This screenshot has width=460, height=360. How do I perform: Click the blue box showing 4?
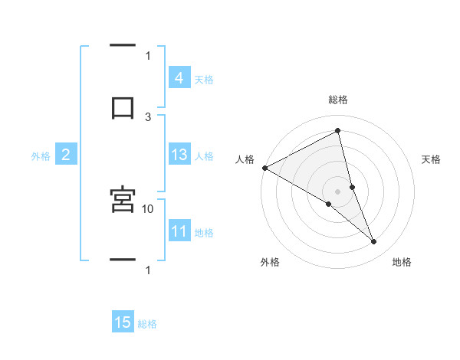pyautogui.click(x=179, y=77)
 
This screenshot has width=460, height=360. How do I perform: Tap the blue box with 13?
pyautogui.click(x=179, y=155)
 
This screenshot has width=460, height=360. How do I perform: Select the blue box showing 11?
pyautogui.click(x=179, y=231)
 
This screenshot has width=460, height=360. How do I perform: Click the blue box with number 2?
pyautogui.click(x=66, y=155)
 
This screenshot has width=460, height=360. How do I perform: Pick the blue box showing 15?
pyautogui.click(x=123, y=322)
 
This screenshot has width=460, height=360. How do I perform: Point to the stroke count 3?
pyautogui.click(x=148, y=116)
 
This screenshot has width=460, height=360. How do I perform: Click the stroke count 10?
pyautogui.click(x=148, y=208)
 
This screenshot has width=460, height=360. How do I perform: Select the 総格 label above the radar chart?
pyautogui.click(x=338, y=100)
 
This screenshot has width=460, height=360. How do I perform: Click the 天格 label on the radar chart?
pyautogui.click(x=431, y=159)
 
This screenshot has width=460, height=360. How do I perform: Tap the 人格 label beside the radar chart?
pyautogui.click(x=244, y=159)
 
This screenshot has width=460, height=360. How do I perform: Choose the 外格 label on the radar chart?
pyautogui.click(x=270, y=262)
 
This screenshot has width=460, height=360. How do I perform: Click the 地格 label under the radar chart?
pyautogui.click(x=402, y=262)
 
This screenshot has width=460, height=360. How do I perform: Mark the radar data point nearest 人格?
pyautogui.click(x=264, y=168)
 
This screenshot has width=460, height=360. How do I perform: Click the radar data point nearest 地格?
pyautogui.click(x=374, y=242)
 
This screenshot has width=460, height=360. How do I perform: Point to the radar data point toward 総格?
pyautogui.click(x=338, y=131)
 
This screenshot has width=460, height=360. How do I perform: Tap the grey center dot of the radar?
pyautogui.click(x=338, y=191)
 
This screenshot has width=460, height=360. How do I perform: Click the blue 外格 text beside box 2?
pyautogui.click(x=41, y=156)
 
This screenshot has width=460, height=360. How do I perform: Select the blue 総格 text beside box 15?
pyautogui.click(x=147, y=324)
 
